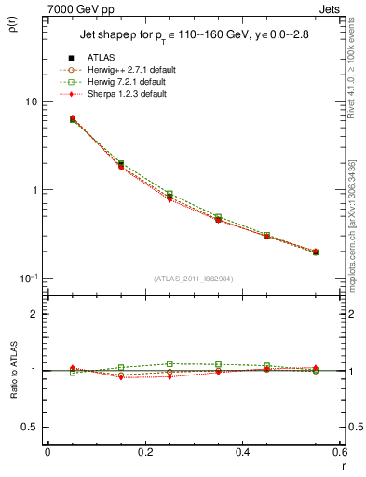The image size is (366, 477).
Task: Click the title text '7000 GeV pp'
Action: click(62, 8)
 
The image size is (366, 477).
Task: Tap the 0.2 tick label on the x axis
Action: click(144, 452)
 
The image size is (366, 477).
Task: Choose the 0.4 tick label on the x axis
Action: click(242, 452)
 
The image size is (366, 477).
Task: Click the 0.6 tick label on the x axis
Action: click(339, 452)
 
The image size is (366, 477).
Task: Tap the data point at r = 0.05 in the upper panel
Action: click(73, 119)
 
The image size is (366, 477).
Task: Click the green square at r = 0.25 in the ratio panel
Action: click(169, 364)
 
